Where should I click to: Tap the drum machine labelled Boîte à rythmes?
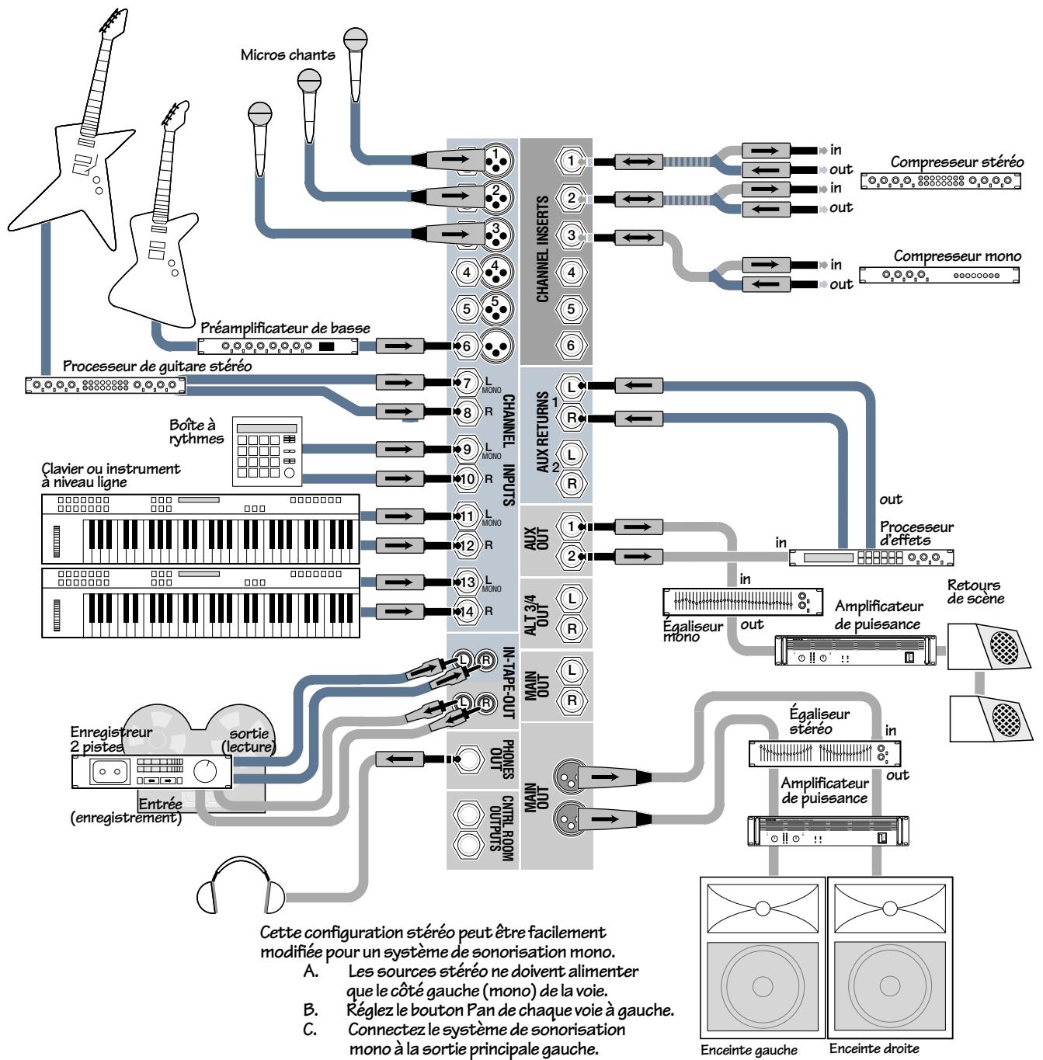click(x=266, y=452)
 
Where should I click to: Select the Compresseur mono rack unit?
click(x=939, y=275)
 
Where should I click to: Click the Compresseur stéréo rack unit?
click(x=940, y=181)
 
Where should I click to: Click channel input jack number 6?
click(x=467, y=346)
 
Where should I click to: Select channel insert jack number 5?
click(x=572, y=308)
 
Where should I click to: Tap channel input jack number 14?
click(x=467, y=611)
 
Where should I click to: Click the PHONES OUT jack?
click(x=468, y=758)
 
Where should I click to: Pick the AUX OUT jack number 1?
click(x=572, y=527)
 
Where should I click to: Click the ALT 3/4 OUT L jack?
click(x=572, y=599)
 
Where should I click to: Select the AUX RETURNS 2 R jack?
click(x=572, y=483)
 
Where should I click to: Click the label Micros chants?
click(x=287, y=55)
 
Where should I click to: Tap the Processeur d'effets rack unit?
click(x=871, y=557)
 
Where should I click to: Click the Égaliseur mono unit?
click(x=742, y=601)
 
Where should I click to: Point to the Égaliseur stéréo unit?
click(x=825, y=752)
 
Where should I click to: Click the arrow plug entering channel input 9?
click(x=400, y=449)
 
